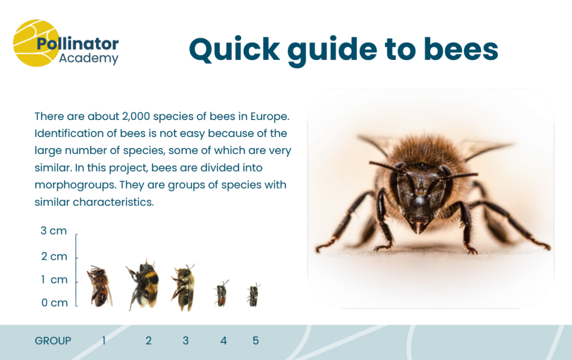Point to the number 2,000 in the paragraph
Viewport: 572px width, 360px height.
pos(136,116)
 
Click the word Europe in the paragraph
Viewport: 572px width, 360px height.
pos(271,116)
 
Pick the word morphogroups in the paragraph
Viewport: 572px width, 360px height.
pos(65,184)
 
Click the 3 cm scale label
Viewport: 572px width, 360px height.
pos(54,231)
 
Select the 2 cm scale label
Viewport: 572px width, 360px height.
pos(54,256)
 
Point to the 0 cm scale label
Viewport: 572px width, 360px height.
pos(54,302)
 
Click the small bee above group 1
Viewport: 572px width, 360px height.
pos(99,286)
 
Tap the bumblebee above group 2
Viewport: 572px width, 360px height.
pos(143,285)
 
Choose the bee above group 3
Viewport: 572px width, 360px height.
pos(183,287)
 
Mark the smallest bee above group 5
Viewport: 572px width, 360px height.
pos(254,294)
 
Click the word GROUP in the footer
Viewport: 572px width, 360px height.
pos(53,340)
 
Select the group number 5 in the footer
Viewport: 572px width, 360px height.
pos(256,340)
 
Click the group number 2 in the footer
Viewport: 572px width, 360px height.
pos(148,340)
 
